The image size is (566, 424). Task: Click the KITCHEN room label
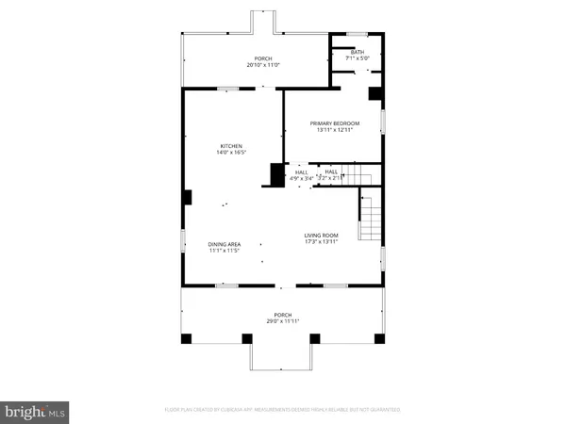[x=232, y=146]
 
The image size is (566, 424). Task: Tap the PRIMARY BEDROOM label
[x=336, y=122]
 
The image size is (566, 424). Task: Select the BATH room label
[x=357, y=53]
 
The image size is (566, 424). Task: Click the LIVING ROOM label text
[x=321, y=236]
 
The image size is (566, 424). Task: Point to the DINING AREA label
[x=225, y=245]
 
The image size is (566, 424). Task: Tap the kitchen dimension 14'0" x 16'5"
[x=232, y=153]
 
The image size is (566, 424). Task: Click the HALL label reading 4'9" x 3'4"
[x=302, y=175]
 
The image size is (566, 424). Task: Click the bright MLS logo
[x=35, y=411]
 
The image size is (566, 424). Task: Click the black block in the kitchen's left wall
[x=188, y=198]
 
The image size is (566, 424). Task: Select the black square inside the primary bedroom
[x=375, y=94]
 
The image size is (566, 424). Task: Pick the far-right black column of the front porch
[x=378, y=337]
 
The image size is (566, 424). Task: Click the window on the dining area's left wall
[x=183, y=240]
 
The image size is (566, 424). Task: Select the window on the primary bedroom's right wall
[x=383, y=122]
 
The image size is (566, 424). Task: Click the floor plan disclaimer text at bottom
[x=283, y=410]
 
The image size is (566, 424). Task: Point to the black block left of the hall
[x=277, y=175]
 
